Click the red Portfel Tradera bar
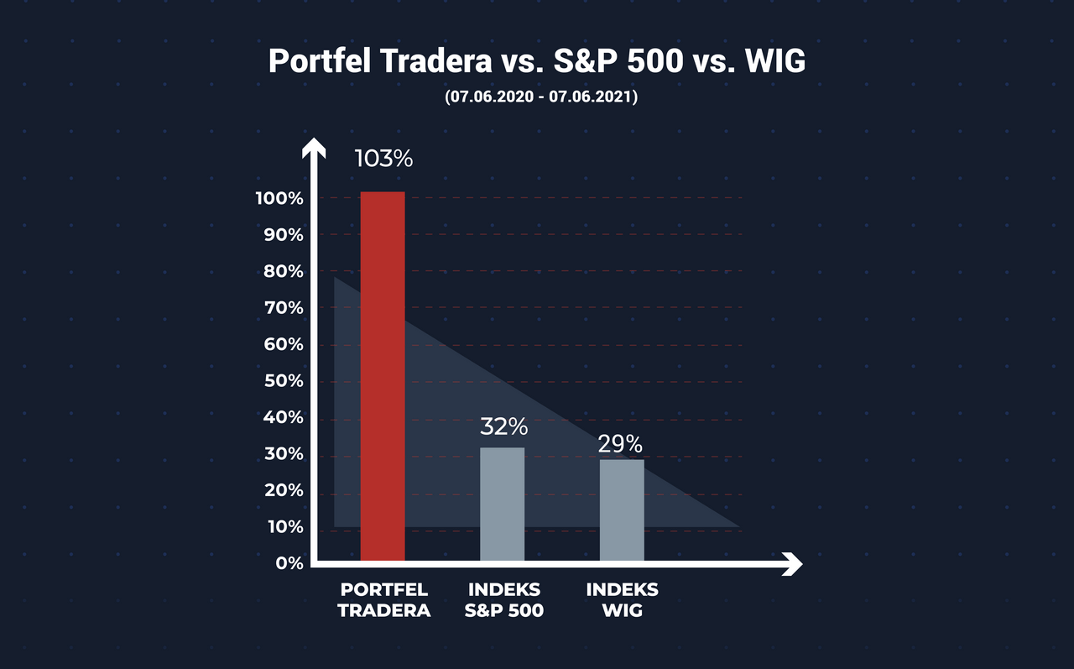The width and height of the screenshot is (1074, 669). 383,376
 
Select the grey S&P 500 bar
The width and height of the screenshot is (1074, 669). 502,504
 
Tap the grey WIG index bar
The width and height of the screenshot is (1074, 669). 622,510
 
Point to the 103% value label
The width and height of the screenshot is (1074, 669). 383,159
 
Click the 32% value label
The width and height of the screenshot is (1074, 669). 504,426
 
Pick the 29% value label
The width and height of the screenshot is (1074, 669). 620,444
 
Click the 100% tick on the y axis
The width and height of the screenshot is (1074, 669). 279,199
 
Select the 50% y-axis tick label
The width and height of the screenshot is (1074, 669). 284,381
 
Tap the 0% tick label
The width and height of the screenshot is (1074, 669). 289,563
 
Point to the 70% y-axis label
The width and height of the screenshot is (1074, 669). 284,308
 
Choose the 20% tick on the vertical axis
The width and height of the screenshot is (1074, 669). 284,490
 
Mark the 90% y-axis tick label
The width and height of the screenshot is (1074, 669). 284,235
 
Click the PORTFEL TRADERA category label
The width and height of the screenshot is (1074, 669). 384,600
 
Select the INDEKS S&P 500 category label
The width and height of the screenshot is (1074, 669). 504,600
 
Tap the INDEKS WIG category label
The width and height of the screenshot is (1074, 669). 623,600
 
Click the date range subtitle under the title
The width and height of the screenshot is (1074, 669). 541,97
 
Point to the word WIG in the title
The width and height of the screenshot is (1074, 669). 775,61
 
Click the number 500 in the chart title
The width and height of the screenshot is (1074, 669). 655,61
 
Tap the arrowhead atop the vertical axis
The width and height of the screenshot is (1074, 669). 314,148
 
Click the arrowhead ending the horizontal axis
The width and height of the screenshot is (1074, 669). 792,564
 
